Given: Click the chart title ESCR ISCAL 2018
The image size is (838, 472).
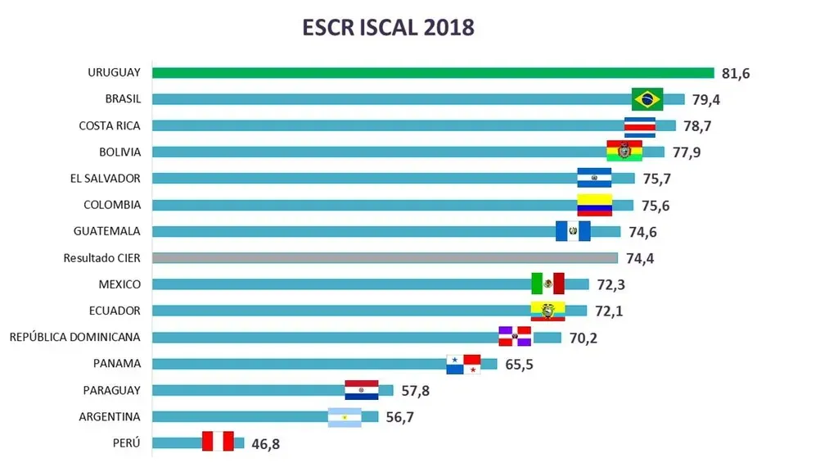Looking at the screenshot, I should coord(388,27).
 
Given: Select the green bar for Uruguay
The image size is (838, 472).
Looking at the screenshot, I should coord(433,73).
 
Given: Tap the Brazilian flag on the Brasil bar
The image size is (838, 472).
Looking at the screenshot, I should coord(647,99).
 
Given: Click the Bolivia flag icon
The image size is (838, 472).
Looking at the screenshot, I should coord(624,152).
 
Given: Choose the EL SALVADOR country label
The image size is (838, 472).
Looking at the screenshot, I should coord(106,179).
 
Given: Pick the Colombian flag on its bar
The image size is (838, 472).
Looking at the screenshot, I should coord(595,205).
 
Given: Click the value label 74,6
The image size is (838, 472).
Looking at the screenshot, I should coord(642,232).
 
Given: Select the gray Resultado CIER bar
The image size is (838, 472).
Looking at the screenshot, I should coord(385,258).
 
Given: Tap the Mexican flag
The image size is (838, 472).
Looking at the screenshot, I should coord(547,284).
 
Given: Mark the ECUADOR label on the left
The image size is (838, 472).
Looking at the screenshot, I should coord(115,311).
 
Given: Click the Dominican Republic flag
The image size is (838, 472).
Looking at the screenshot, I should coord(515,337).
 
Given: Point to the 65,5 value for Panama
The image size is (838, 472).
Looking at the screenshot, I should coord(519,364).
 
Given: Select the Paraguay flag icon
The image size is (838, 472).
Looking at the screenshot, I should coord(361,390).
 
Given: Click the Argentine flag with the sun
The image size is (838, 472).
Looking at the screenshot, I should coord(345,417).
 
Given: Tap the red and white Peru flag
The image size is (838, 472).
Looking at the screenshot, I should coord(218,442).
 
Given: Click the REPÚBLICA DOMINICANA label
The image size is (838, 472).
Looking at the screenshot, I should coord(74,337).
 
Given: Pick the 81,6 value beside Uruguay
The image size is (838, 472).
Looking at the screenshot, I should coord(736,74).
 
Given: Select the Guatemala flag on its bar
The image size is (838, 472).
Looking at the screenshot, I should coord(573,231).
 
